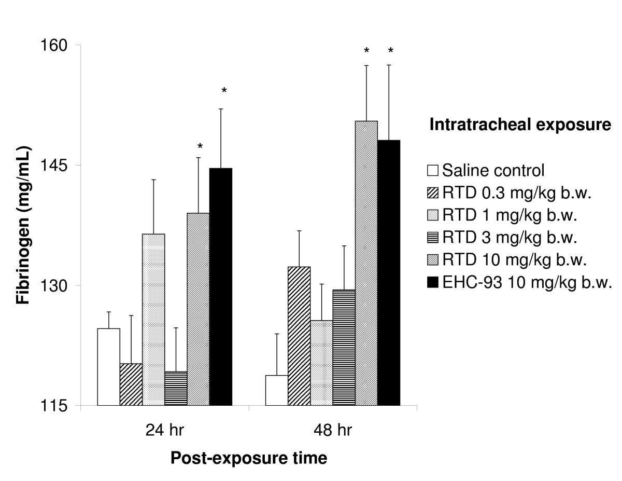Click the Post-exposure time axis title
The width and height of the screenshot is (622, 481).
pyautogui.click(x=249, y=458)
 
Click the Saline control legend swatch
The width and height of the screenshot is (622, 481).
pyautogui.click(x=433, y=170)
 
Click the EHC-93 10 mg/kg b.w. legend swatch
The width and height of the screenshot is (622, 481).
pyautogui.click(x=433, y=283)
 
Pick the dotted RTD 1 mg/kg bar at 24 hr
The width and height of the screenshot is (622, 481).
pyautogui.click(x=153, y=319)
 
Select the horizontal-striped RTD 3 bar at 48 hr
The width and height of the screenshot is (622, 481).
pyautogui.click(x=344, y=347)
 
